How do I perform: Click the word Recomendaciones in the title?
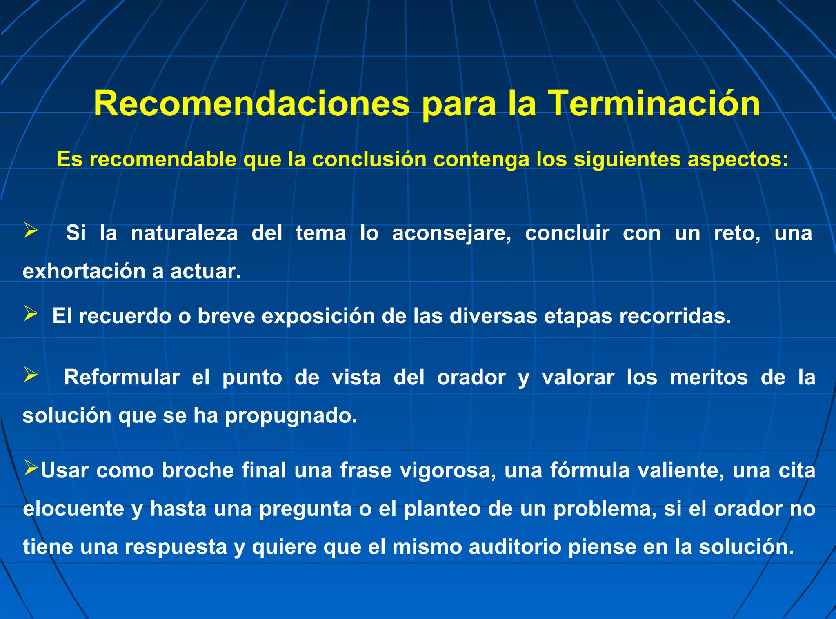(x=251, y=104)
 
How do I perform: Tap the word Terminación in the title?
(x=654, y=104)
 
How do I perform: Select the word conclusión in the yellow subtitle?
(x=369, y=159)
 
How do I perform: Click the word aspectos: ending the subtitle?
(x=738, y=160)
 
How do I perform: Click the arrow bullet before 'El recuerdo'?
(x=31, y=314)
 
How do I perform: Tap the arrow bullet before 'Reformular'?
(x=31, y=374)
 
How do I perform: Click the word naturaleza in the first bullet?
(x=184, y=233)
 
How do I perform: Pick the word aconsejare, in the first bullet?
(x=451, y=233)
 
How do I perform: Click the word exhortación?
(x=84, y=272)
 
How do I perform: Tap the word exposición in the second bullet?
(x=318, y=316)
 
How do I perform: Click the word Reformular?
(x=122, y=377)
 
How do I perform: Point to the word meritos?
(x=709, y=377)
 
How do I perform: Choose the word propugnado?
(x=291, y=416)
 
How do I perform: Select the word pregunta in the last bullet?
(x=305, y=509)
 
